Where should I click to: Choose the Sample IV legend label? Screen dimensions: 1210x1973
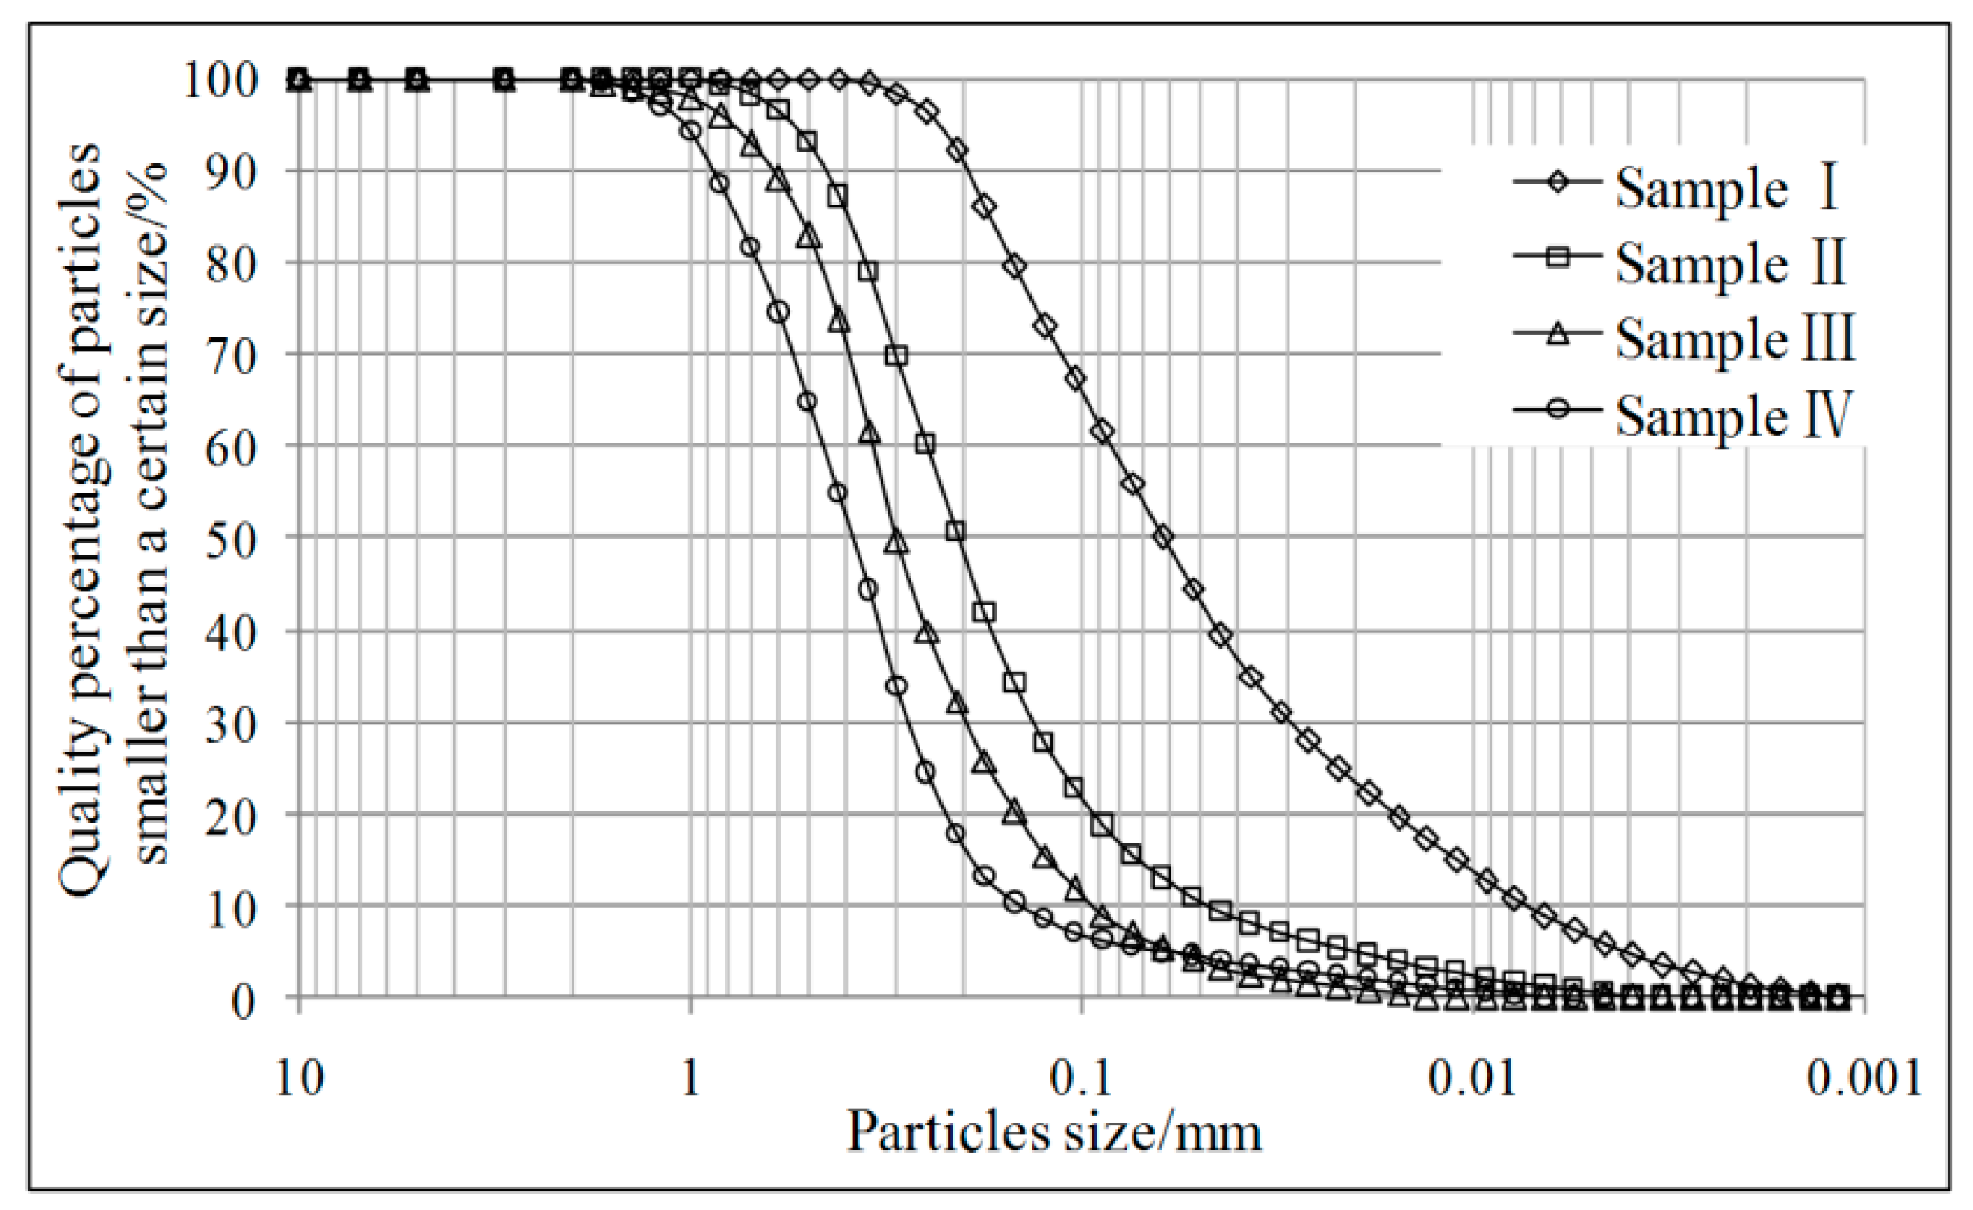click(1734, 415)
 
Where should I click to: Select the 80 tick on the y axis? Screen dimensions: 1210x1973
click(232, 263)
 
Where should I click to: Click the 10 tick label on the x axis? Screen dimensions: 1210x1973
click(299, 1078)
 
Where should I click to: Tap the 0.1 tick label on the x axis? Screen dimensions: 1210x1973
click(1081, 1078)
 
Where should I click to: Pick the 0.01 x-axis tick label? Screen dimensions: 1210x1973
click(1472, 1078)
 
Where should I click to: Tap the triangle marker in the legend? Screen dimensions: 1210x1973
click(1557, 333)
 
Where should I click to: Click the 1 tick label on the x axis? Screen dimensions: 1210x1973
click(690, 1078)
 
